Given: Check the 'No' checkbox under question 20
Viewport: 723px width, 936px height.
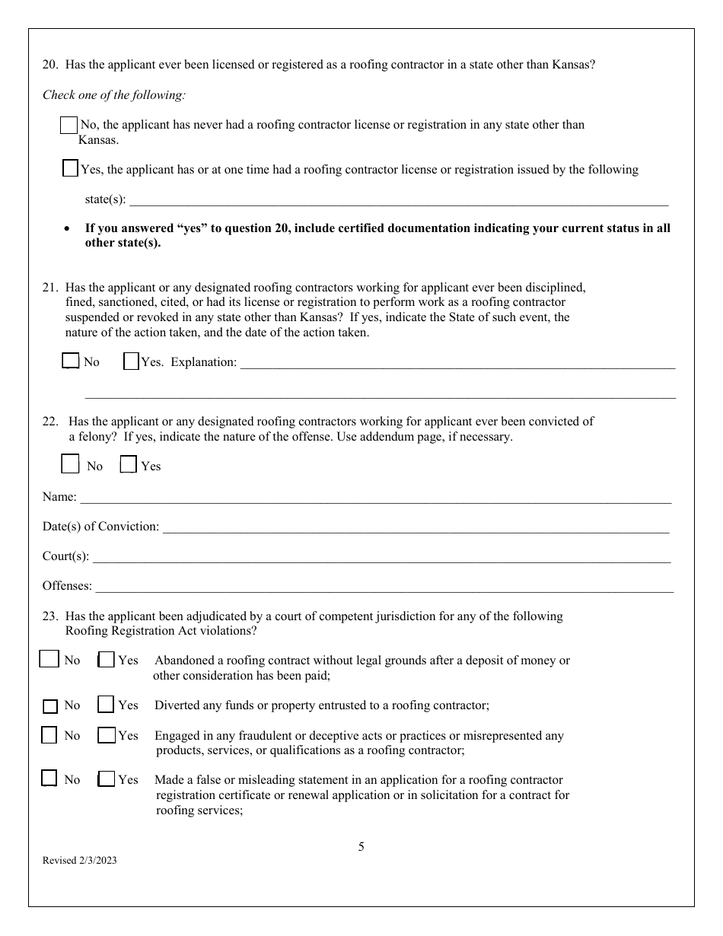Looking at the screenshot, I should [68, 126].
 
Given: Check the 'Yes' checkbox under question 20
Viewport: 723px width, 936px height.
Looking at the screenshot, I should [70, 169].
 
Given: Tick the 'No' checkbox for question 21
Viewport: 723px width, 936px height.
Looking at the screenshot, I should [70, 361].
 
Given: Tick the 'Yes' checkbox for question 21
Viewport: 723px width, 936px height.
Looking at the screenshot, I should [131, 361].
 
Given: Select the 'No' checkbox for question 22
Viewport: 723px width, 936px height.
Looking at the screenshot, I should [70, 464].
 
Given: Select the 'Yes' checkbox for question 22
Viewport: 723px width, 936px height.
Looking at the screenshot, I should [129, 464].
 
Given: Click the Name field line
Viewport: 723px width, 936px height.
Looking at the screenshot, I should [375, 498].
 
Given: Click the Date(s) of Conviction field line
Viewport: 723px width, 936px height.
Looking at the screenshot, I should [416, 527].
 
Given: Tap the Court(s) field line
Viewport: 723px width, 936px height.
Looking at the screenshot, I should [381, 557].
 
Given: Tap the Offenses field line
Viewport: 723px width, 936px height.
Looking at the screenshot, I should [384, 587].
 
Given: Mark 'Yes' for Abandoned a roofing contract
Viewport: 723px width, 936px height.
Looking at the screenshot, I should [107, 660].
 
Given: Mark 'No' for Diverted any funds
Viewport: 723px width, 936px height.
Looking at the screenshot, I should [50, 706].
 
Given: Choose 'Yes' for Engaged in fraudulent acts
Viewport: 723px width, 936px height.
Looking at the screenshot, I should [107, 736].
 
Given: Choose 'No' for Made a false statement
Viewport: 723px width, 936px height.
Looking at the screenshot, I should [49, 778].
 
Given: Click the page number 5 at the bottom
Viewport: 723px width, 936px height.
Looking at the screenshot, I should [361, 846].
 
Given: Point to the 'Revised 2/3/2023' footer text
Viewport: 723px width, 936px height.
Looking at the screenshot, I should [80, 861].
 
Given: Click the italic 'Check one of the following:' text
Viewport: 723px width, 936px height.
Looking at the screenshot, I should [113, 95].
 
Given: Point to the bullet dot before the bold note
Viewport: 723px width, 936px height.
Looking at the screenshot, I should [68, 228].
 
